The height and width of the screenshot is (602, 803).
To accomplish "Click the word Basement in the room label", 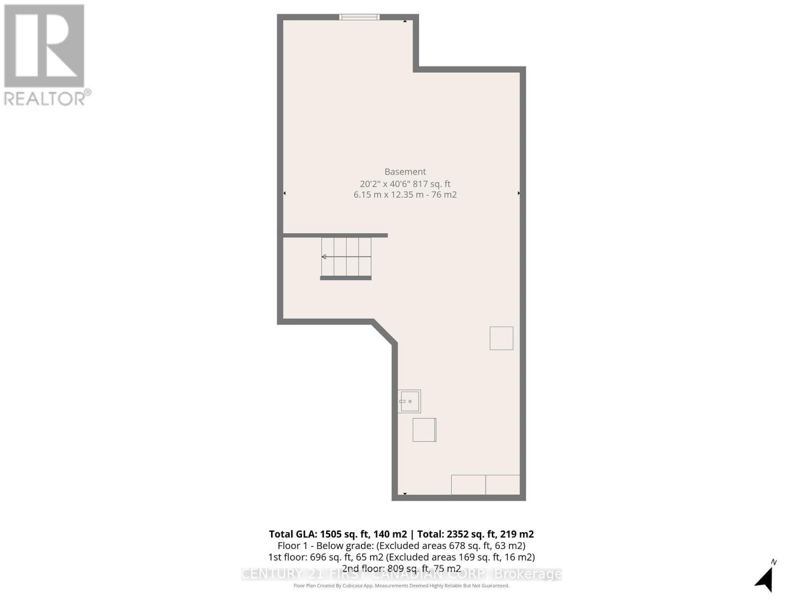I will pos(405,172).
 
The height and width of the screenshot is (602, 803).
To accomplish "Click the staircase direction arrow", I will pos(324,257).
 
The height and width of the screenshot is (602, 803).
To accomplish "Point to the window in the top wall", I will pos(359,17).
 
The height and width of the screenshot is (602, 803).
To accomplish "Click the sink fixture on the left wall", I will pos(409,401).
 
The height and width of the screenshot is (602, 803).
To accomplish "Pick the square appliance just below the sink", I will pos(424,430).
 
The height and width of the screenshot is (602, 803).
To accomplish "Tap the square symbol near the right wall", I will pos(501,338).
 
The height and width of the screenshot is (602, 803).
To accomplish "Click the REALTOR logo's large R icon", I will pos(44,46).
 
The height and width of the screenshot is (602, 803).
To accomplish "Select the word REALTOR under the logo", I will pos(45,98).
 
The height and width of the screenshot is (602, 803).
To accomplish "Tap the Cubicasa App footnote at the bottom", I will pos(401,585).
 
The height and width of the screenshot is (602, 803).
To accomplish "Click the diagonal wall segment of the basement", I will pos(384,332).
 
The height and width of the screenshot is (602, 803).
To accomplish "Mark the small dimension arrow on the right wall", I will pos(518,193).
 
